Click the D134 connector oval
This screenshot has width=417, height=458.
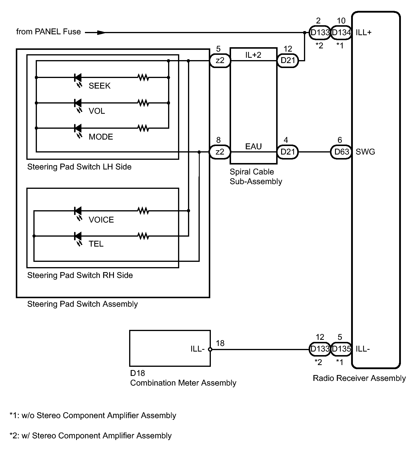[341, 33]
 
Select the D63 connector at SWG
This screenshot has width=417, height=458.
[341, 152]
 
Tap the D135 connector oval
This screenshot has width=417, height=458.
[341, 349]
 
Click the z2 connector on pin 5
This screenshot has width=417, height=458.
[220, 61]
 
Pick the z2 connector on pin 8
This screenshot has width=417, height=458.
[220, 152]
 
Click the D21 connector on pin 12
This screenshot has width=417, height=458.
[288, 61]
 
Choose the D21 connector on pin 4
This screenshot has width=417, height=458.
[288, 152]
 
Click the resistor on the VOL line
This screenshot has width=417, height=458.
[143, 103]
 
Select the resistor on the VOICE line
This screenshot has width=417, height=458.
[143, 211]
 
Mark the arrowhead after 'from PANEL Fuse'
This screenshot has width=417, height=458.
[101, 33]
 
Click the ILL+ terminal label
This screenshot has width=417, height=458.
[363, 32]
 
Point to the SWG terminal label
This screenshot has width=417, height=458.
[365, 152]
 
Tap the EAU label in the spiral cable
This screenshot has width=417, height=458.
[254, 146]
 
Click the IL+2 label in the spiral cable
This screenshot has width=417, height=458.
[253, 55]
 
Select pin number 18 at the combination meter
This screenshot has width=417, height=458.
[220, 343]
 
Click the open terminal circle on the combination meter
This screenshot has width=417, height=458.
[210, 349]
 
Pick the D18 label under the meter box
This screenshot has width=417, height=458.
[138, 373]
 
